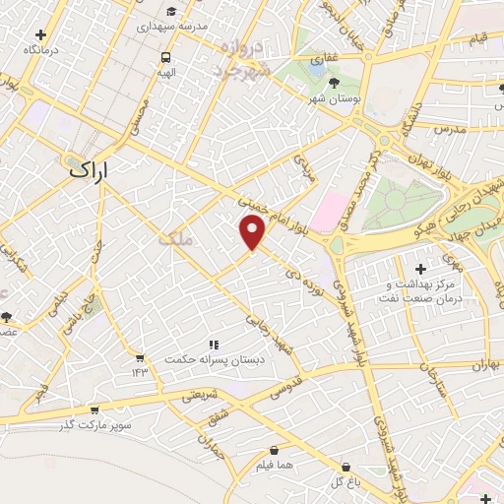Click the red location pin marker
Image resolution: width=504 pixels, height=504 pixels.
253,232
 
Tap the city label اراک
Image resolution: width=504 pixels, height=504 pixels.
93,169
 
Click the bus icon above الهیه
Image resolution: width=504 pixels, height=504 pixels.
166,57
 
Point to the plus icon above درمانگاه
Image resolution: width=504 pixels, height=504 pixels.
40,34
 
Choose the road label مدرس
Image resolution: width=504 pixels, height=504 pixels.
447,130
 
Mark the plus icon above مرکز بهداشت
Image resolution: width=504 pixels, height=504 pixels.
420,269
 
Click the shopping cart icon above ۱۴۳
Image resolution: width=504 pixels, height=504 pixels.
140,357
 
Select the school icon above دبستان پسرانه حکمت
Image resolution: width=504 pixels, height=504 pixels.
213,345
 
